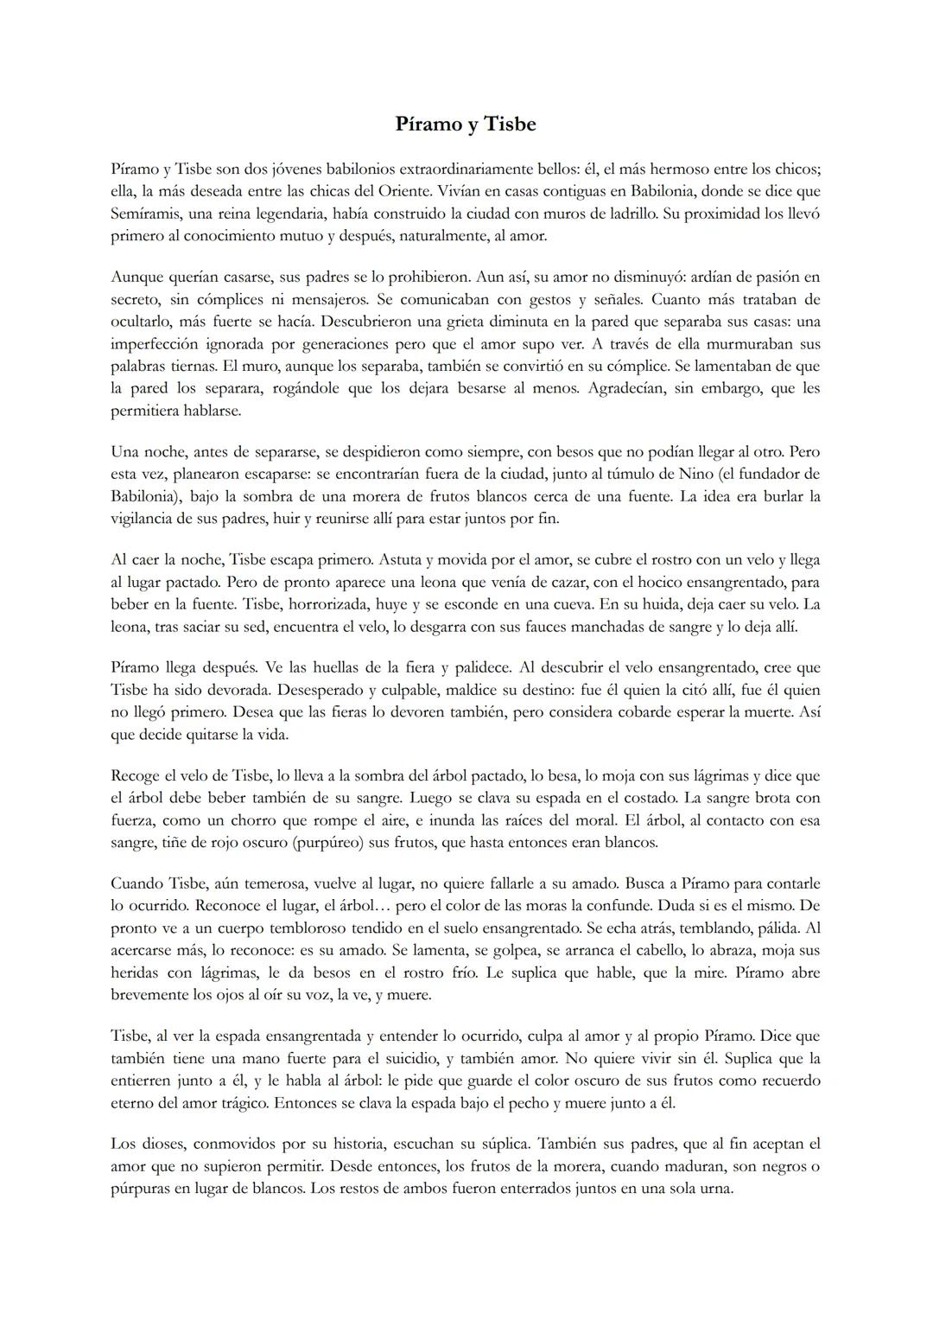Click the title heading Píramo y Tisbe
tap(466, 124)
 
